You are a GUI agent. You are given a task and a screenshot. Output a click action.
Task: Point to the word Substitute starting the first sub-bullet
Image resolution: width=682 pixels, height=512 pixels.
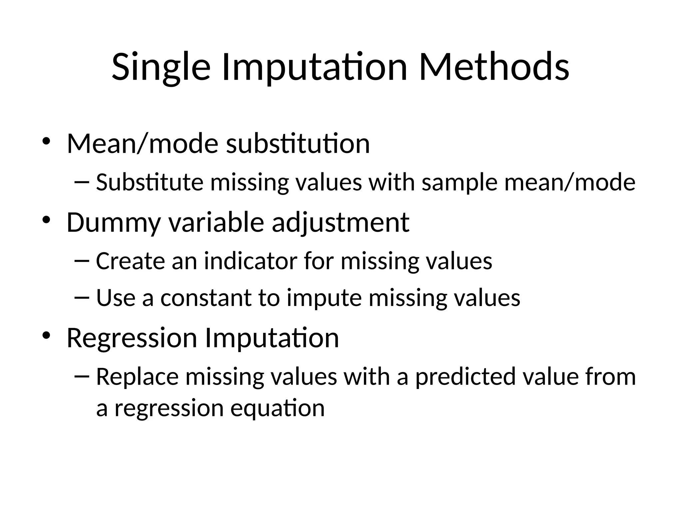(150, 182)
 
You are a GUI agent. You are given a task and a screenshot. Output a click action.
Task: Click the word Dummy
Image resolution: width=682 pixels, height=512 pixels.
(114, 222)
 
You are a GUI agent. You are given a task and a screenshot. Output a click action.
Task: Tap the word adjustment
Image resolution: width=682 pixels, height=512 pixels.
(340, 223)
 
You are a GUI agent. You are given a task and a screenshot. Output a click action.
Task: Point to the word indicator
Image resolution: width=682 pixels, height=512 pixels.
(250, 261)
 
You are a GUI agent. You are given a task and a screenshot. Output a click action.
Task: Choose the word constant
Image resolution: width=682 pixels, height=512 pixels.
(206, 298)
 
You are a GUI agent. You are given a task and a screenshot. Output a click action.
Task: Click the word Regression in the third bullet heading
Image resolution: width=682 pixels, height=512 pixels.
(132, 338)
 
